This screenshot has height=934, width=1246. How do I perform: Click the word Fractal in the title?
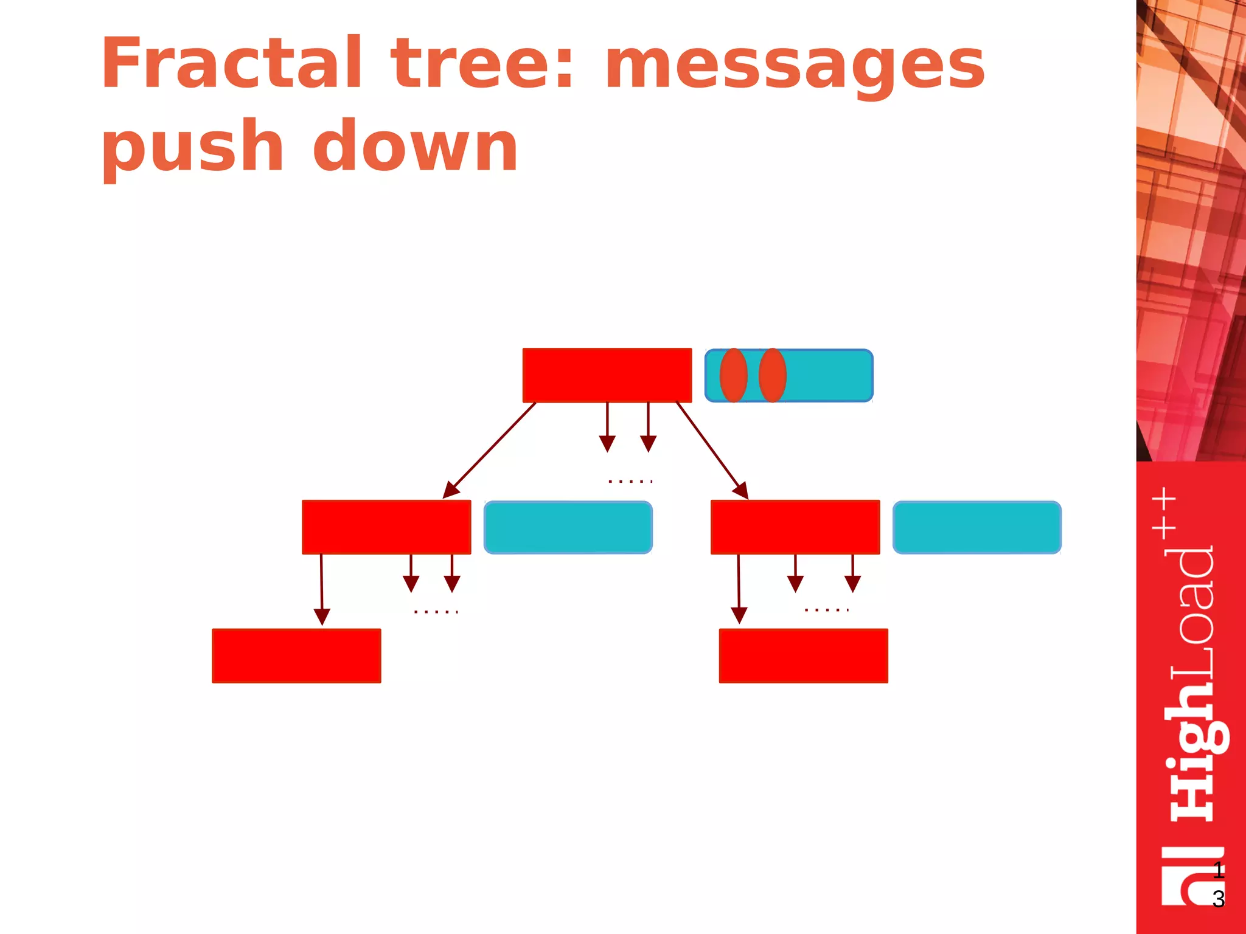click(231, 63)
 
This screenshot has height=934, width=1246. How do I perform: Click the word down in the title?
click(415, 146)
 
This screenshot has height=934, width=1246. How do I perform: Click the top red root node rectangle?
click(607, 375)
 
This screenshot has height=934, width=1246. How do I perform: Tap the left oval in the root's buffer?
click(733, 375)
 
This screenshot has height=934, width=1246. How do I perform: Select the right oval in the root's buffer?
click(772, 375)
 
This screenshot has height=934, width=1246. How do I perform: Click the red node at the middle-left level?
click(386, 527)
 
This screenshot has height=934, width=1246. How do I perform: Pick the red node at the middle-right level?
click(795, 527)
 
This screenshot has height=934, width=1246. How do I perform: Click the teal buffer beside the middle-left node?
click(568, 527)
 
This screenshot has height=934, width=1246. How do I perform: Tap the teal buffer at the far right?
click(977, 527)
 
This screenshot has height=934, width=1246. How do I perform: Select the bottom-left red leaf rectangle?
click(296, 656)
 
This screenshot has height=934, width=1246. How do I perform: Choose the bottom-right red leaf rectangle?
click(803, 656)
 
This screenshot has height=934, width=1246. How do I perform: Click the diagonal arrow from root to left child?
click(490, 450)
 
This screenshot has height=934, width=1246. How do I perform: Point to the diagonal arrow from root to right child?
click(712, 450)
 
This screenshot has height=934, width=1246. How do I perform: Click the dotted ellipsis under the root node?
click(630, 482)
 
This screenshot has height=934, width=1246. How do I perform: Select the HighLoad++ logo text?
click(1191, 657)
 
